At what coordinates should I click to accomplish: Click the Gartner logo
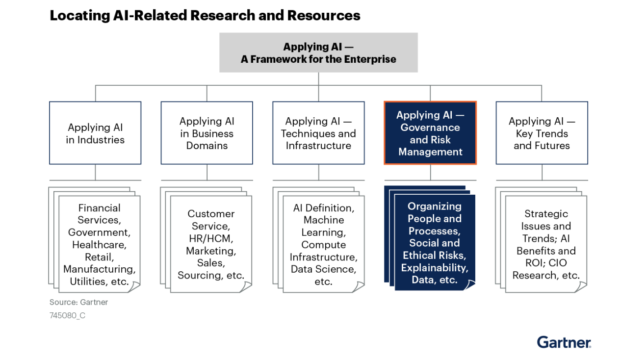click(x=564, y=342)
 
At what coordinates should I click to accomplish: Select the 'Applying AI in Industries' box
click(x=95, y=133)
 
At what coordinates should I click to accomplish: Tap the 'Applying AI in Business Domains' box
click(x=207, y=133)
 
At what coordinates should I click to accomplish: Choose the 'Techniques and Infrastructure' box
click(x=318, y=133)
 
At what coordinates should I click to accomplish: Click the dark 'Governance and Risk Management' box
click(x=430, y=133)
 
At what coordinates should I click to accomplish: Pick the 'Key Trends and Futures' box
click(x=542, y=133)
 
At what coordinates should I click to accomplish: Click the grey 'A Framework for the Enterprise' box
click(x=318, y=52)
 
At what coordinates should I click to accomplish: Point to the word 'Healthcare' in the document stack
click(x=99, y=244)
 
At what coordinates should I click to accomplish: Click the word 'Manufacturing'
click(x=99, y=269)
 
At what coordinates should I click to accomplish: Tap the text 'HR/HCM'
click(x=211, y=238)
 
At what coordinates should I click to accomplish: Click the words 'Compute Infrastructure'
click(x=323, y=251)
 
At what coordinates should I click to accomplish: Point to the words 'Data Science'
click(x=322, y=269)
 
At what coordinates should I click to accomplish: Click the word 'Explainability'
click(x=435, y=268)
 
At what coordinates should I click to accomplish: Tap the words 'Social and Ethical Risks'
click(x=435, y=249)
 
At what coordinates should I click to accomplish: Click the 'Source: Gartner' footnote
click(x=78, y=302)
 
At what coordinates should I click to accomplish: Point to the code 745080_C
click(x=67, y=315)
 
